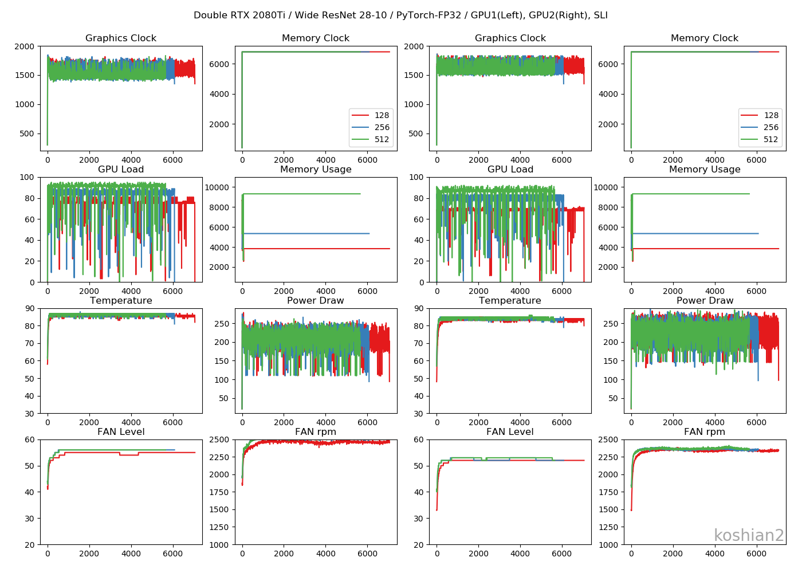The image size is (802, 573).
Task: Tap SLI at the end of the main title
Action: (600, 15)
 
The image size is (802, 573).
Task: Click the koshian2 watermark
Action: (749, 535)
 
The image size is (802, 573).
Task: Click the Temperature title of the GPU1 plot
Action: (121, 301)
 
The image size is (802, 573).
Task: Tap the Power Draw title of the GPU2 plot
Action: (705, 301)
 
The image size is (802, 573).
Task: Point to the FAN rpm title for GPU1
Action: (316, 432)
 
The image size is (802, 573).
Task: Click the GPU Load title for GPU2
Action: (510, 170)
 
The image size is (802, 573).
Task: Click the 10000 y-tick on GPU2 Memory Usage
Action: (606, 187)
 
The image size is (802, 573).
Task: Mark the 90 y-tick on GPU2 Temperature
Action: (418, 308)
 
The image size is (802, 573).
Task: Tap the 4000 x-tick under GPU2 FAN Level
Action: (520, 554)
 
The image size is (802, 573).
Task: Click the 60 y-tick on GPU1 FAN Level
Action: (29, 439)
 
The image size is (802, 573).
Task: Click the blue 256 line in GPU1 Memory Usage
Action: (309, 233)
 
